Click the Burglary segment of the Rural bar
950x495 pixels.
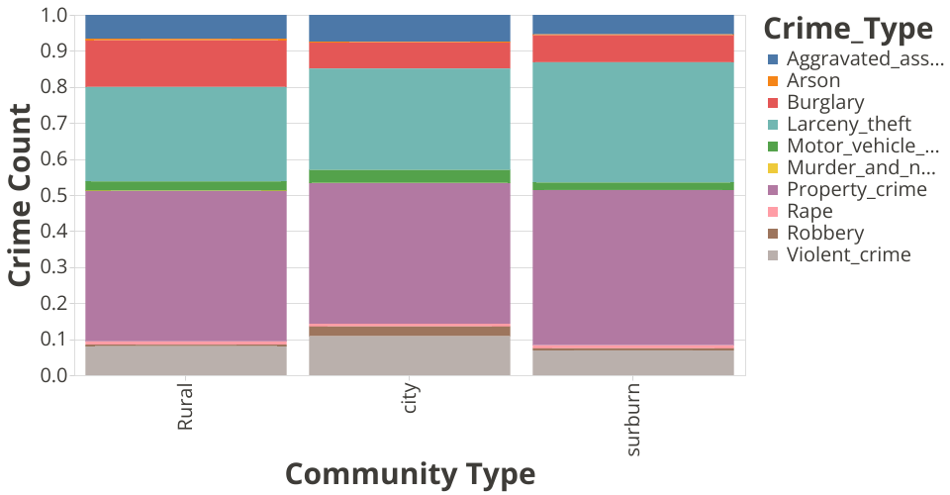(x=186, y=63)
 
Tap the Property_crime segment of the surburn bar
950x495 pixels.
(x=633, y=266)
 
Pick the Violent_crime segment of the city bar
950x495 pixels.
(x=410, y=355)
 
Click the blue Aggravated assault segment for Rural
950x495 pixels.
(x=186, y=27)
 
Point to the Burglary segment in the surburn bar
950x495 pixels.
(x=633, y=49)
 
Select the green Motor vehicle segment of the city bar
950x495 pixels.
(x=410, y=176)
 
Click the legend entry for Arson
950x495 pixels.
(x=813, y=81)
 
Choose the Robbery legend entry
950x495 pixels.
(x=825, y=234)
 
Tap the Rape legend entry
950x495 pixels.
(x=809, y=212)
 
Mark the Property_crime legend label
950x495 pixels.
(x=857, y=190)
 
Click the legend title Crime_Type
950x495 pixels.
(x=848, y=28)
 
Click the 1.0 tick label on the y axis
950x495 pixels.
(x=54, y=16)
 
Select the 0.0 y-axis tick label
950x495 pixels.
(x=54, y=375)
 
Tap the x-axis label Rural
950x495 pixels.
(x=185, y=409)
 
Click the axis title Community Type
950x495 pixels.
(x=410, y=474)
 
